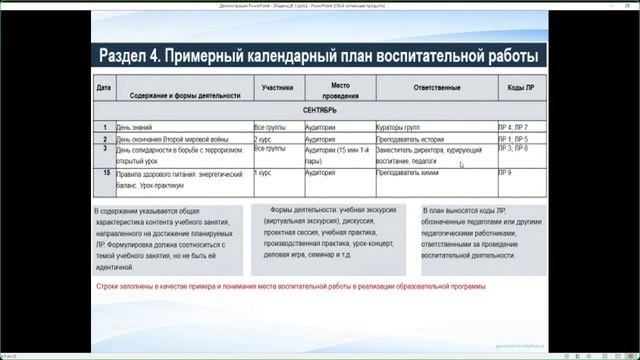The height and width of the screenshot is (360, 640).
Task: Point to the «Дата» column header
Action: click(104, 87)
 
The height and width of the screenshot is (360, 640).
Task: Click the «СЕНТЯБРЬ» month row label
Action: click(319, 110)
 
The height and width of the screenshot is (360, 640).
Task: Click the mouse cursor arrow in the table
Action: click(461, 164)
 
